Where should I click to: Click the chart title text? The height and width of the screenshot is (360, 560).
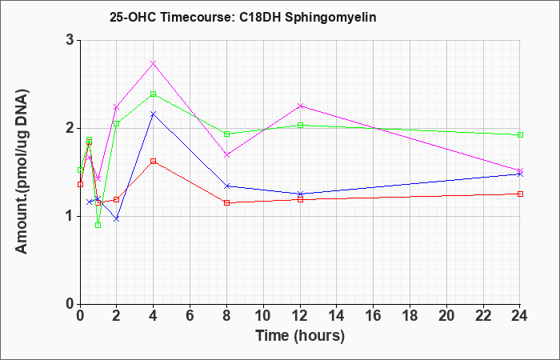tap(243, 17)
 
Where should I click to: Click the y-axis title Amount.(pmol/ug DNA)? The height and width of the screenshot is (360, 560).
tap(22, 171)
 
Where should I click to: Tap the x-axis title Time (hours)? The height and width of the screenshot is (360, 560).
tap(300, 336)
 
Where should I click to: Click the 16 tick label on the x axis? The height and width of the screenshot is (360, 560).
tap(374, 316)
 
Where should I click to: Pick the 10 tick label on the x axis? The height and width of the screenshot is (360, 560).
tap(263, 316)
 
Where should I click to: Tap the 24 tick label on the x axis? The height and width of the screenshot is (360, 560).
tap(519, 316)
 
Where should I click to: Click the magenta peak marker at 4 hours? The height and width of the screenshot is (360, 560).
tap(154, 63)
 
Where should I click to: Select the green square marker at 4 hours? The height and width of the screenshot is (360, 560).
tap(154, 94)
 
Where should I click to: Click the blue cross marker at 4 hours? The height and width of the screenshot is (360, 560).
tap(154, 114)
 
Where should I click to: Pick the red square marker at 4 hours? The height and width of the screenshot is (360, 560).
tap(154, 162)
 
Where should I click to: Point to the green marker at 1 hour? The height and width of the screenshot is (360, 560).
tap(98, 225)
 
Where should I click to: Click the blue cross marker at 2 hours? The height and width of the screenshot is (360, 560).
tap(117, 219)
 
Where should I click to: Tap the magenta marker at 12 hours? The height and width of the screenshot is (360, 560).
tap(300, 106)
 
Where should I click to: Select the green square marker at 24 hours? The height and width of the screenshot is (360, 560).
tap(520, 135)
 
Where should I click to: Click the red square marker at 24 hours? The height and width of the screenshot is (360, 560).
tap(520, 194)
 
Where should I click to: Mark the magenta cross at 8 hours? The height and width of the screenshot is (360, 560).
tap(226, 155)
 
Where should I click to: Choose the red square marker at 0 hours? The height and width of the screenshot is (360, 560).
tap(80, 184)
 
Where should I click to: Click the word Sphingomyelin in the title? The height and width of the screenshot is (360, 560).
tap(330, 18)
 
